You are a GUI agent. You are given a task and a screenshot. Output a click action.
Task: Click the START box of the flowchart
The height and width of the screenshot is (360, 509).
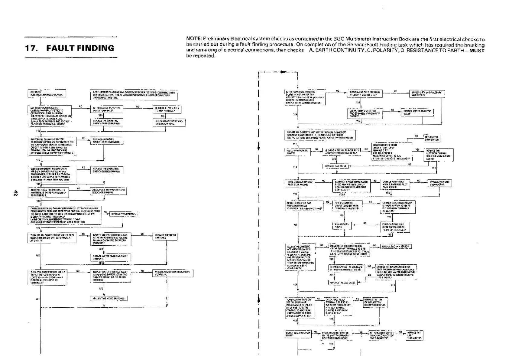tap(47, 93)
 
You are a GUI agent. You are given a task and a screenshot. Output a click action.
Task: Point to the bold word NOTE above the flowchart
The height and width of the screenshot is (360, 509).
tap(193, 39)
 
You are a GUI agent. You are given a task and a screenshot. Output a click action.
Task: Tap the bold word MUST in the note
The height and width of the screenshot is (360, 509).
tap(477, 51)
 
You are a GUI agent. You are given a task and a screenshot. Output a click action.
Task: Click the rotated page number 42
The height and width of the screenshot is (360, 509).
tap(15, 193)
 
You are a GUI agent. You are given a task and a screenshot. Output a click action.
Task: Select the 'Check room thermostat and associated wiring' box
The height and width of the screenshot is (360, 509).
tap(108, 191)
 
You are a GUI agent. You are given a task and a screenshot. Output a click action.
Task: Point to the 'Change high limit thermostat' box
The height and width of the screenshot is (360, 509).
tap(439, 183)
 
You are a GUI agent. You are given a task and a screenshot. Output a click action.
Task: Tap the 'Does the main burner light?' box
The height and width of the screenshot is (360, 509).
tap(298, 334)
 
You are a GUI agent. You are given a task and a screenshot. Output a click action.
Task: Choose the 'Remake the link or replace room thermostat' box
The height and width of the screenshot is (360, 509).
tap(375, 302)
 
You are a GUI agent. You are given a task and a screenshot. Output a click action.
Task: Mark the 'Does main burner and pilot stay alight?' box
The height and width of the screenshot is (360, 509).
tap(299, 183)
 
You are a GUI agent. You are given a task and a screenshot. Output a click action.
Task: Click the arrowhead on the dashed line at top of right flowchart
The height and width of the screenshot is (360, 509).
tap(283, 72)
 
